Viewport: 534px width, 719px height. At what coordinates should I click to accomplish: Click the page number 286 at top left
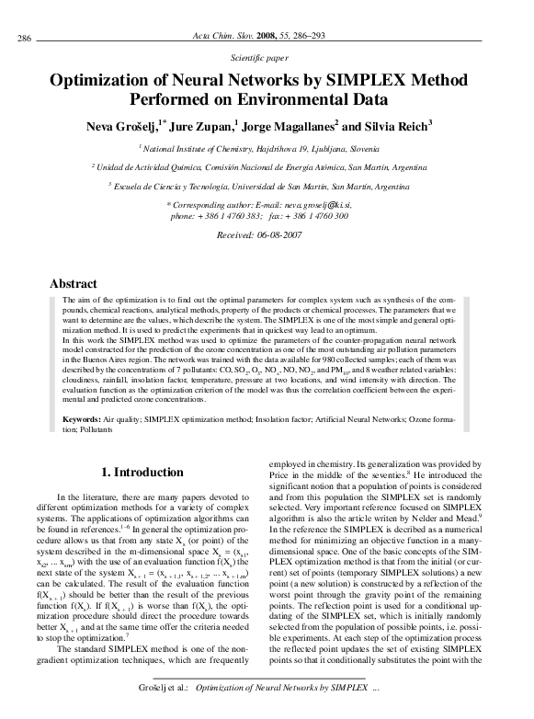(x=25, y=38)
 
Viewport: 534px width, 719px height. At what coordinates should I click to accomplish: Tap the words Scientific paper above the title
(x=267, y=57)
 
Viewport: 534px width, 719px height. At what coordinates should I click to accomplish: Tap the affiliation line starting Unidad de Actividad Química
(x=267, y=168)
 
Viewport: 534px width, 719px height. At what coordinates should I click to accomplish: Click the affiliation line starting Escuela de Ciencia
(x=267, y=186)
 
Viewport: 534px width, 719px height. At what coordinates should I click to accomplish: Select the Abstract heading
(x=74, y=284)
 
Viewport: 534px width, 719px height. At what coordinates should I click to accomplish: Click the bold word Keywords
(x=81, y=418)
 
